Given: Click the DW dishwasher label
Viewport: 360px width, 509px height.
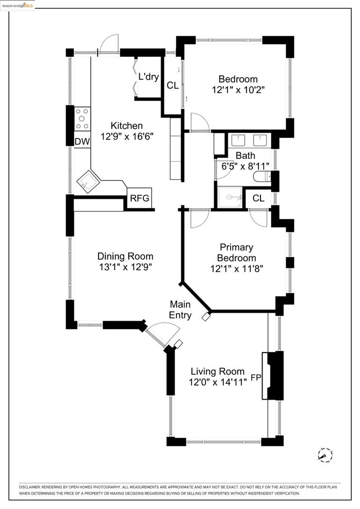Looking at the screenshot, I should (x=82, y=142).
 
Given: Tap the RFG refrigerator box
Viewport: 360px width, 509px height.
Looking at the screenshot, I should (x=140, y=198).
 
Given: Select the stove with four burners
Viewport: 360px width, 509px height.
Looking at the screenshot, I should (x=82, y=119).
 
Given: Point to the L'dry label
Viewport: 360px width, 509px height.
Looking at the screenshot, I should (x=148, y=77).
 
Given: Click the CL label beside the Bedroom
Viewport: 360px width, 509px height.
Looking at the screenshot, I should (x=173, y=85).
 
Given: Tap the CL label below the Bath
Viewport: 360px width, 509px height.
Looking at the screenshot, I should (x=258, y=198).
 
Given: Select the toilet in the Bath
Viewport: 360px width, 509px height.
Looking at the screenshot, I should (x=262, y=176).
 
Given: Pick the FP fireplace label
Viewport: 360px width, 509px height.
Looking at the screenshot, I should (x=256, y=378).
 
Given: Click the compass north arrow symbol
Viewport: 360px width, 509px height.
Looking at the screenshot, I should (x=325, y=454).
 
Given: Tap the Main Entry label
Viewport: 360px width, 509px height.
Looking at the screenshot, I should (x=180, y=309).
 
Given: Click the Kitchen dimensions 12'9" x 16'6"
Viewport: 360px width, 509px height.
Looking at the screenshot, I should (x=126, y=137).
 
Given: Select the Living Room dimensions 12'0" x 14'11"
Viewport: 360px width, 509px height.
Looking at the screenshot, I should (x=217, y=382).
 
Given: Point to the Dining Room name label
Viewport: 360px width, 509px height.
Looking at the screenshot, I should (x=125, y=256).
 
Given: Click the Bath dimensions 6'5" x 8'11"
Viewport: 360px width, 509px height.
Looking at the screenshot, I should (x=245, y=166).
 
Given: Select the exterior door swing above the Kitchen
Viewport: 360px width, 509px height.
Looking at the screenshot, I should (x=109, y=43).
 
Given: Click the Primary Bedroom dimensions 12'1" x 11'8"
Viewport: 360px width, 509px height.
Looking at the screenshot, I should (x=236, y=269).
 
